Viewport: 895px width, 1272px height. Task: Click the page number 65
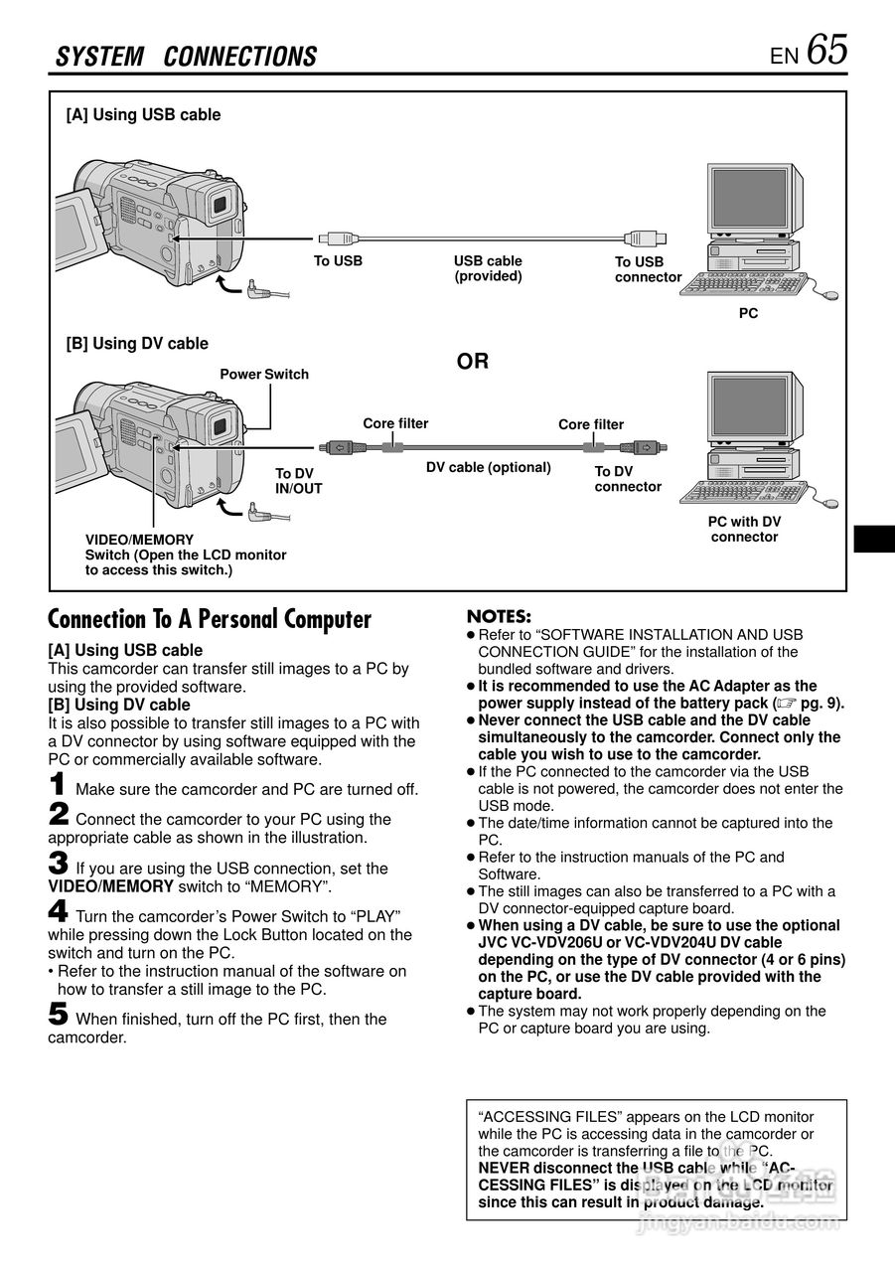pyautogui.click(x=827, y=49)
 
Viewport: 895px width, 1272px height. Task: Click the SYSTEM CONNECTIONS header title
pyautogui.click(x=187, y=57)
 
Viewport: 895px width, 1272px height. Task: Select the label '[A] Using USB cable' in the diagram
pyautogui.click(x=143, y=115)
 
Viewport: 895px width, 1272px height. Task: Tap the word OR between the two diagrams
pyautogui.click(x=473, y=362)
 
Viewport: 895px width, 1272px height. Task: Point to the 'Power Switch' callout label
pyautogui.click(x=264, y=375)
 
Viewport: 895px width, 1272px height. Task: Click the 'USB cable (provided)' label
pyautogui.click(x=488, y=268)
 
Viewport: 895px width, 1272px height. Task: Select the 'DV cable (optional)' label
pyautogui.click(x=488, y=467)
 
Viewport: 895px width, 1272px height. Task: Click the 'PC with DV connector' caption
pyautogui.click(x=744, y=529)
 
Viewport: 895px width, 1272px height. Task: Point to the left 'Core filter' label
pyautogui.click(x=395, y=423)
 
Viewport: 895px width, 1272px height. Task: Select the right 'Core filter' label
pyautogui.click(x=591, y=424)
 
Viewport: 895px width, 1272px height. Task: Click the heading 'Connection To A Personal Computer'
pyautogui.click(x=210, y=620)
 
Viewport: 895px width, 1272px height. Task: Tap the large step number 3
pyautogui.click(x=59, y=863)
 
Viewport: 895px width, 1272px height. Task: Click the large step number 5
pyautogui.click(x=59, y=1014)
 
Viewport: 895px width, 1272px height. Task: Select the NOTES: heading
pyautogui.click(x=499, y=617)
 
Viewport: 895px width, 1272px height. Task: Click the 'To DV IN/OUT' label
pyautogui.click(x=298, y=481)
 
